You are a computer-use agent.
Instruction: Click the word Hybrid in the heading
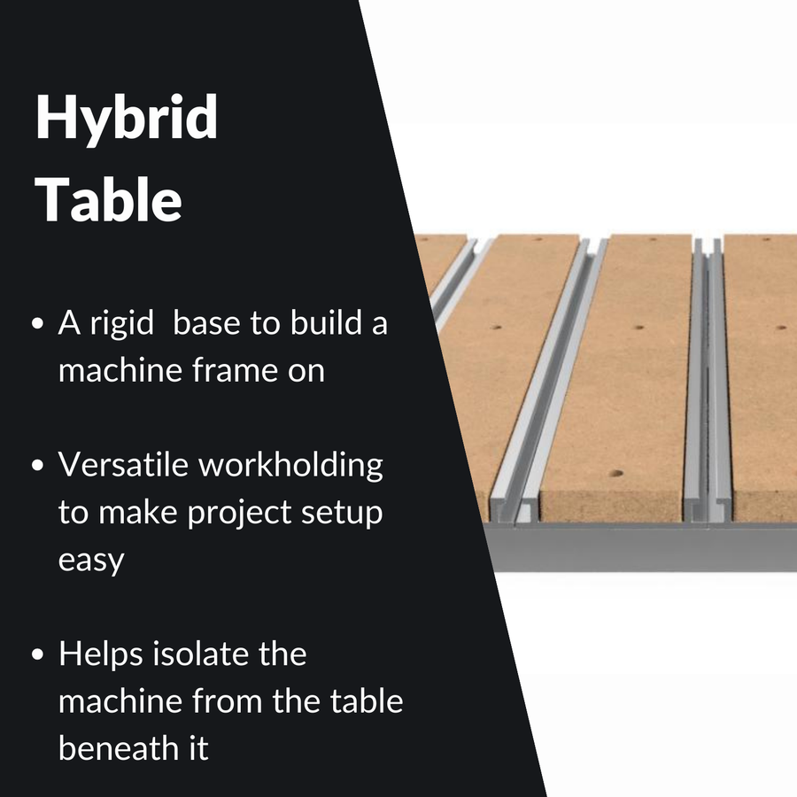coord(127,119)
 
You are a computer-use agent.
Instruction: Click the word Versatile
coord(122,464)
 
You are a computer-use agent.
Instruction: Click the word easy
coord(91,560)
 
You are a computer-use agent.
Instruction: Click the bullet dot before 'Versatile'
coord(37,466)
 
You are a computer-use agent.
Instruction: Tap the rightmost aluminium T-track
coord(708,381)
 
